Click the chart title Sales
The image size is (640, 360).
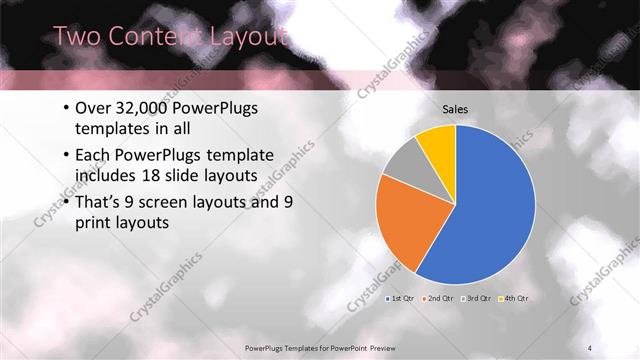click(x=455, y=110)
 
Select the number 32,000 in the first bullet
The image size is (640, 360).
click(x=147, y=109)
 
